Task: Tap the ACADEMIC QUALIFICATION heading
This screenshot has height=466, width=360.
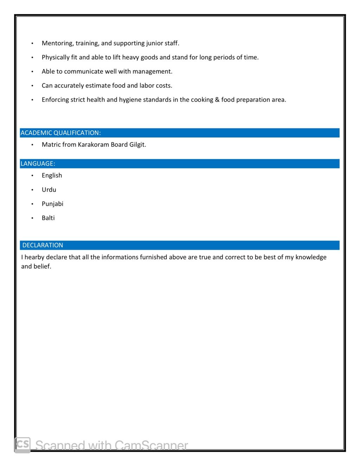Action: (x=60, y=133)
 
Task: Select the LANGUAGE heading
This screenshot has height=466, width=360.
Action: (x=38, y=164)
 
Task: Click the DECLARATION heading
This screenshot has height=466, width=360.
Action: (x=43, y=245)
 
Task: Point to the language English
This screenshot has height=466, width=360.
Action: (x=52, y=175)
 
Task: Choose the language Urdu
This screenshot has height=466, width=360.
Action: (x=49, y=190)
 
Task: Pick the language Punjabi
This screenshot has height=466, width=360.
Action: (x=52, y=204)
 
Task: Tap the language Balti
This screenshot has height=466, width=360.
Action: (x=48, y=218)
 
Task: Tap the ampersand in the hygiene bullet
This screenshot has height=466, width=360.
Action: (x=217, y=100)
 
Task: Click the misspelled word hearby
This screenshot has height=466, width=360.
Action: (x=34, y=257)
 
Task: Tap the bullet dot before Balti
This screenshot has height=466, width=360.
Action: (x=32, y=218)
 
